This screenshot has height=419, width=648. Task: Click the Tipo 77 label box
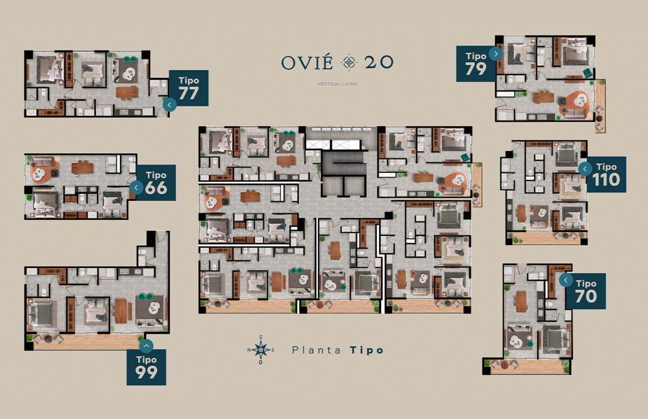pyautogui.click(x=188, y=88)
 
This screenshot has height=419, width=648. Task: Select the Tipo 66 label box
pyautogui.click(x=156, y=183)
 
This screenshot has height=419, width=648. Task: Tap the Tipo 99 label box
pyautogui.click(x=146, y=367)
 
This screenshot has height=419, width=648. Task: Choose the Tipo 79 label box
pyautogui.click(x=476, y=64)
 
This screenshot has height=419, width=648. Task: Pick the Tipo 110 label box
pyautogui.click(x=606, y=174)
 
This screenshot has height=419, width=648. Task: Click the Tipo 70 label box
pyautogui.click(x=586, y=291)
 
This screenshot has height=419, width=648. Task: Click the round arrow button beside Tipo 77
pyautogui.click(x=170, y=105)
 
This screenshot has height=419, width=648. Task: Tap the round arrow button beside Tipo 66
pyautogui.click(x=136, y=188)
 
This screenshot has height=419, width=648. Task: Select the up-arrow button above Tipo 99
pyautogui.click(x=146, y=346)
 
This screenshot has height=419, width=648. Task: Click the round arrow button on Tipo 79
pyautogui.click(x=496, y=54)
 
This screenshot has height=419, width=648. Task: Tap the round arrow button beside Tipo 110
pyautogui.click(x=585, y=169)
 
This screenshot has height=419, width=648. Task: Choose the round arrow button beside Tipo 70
pyautogui.click(x=566, y=280)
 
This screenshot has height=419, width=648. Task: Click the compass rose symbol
pyautogui.click(x=261, y=350)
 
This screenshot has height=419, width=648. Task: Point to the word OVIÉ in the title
pyautogui.click(x=307, y=62)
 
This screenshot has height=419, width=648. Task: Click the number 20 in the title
pyautogui.click(x=379, y=62)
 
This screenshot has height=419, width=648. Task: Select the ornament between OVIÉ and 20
pyautogui.click(x=349, y=62)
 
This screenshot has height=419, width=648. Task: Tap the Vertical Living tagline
pyautogui.click(x=337, y=84)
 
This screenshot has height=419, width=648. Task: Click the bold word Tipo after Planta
pyautogui.click(x=367, y=350)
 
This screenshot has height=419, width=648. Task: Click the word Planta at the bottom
pyautogui.click(x=316, y=350)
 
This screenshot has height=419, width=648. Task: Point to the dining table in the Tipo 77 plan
pyautogui.click(x=127, y=92)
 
